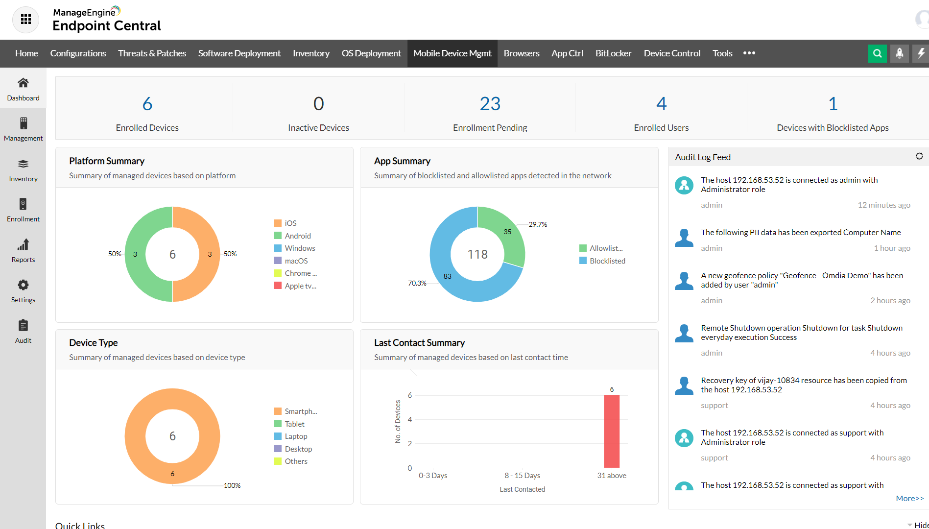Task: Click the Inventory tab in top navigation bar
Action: pyautogui.click(x=311, y=53)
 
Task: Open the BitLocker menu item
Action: pyautogui.click(x=613, y=53)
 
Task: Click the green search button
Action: pyautogui.click(x=877, y=53)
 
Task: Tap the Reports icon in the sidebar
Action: pyautogui.click(x=23, y=244)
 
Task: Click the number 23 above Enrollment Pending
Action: pyautogui.click(x=490, y=104)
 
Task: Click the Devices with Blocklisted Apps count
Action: pyautogui.click(x=833, y=104)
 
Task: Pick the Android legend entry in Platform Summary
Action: pyautogui.click(x=297, y=236)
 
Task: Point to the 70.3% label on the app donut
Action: pyautogui.click(x=417, y=283)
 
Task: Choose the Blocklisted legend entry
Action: pyautogui.click(x=607, y=261)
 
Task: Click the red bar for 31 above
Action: pyautogui.click(x=612, y=431)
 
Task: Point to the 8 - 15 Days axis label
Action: pyautogui.click(x=522, y=476)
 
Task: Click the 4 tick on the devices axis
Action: pyautogui.click(x=410, y=419)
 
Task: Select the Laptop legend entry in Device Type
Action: pyautogui.click(x=296, y=436)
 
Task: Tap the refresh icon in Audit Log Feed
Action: pyautogui.click(x=919, y=156)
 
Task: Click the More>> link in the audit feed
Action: pyautogui.click(x=909, y=498)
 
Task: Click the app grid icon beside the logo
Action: pyautogui.click(x=26, y=20)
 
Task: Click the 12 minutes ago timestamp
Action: pyautogui.click(x=883, y=205)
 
